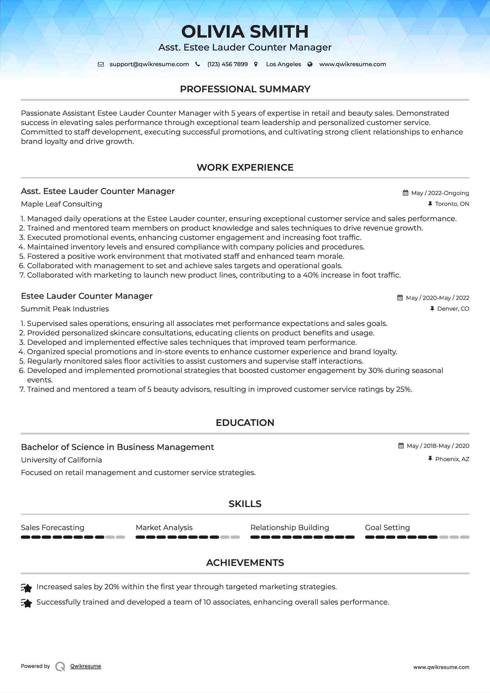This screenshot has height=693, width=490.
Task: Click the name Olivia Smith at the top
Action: click(x=245, y=32)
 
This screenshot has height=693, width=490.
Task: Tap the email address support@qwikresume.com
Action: click(x=149, y=64)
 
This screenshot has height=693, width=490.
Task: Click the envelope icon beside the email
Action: click(x=101, y=64)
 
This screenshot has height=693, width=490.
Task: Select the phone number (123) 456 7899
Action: click(x=227, y=64)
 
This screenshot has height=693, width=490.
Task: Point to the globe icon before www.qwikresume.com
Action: click(x=310, y=64)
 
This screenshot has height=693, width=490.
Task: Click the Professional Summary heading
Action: click(x=245, y=89)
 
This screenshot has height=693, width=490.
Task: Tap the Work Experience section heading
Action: click(x=245, y=168)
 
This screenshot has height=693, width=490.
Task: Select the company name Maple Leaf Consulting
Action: click(x=61, y=204)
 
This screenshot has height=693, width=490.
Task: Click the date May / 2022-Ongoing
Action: click(x=440, y=193)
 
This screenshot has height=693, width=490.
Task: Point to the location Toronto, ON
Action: click(x=452, y=204)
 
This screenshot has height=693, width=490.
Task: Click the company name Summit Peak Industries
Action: click(x=65, y=309)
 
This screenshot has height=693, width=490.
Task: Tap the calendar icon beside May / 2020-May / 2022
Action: click(x=400, y=298)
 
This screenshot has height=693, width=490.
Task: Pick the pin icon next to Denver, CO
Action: click(x=432, y=309)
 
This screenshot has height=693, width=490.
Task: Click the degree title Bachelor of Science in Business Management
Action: click(x=117, y=447)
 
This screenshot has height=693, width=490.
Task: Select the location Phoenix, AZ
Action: click(x=452, y=459)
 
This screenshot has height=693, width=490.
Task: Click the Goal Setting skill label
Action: click(x=387, y=528)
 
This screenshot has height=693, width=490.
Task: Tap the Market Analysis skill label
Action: click(x=164, y=528)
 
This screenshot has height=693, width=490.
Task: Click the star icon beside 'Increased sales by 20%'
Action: click(x=26, y=588)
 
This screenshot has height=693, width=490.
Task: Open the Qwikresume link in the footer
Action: click(x=86, y=666)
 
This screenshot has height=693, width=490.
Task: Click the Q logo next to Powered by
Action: click(x=60, y=666)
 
